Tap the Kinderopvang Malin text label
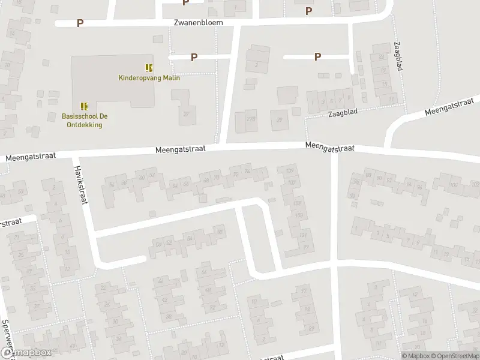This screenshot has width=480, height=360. click(x=149, y=77)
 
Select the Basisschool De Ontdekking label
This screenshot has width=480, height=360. click(x=83, y=121)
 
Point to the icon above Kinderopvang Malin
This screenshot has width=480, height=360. click(x=149, y=67)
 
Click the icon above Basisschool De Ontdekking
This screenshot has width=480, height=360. click(x=84, y=106)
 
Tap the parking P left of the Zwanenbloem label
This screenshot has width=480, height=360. click(x=80, y=23)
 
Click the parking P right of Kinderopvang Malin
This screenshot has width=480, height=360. click(x=194, y=57)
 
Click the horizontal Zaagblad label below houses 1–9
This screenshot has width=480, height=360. click(x=343, y=113)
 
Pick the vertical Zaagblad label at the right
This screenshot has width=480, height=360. click(x=398, y=56)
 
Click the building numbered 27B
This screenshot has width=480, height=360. click(x=250, y=118)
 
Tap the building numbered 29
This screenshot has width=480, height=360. click(x=279, y=119)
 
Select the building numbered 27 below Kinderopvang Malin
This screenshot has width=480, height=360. click(x=185, y=113)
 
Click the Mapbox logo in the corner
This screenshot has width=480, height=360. click(x=25, y=353)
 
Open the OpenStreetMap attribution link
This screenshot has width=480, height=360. click(x=454, y=355)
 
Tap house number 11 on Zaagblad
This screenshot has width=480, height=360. click(x=391, y=98)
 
